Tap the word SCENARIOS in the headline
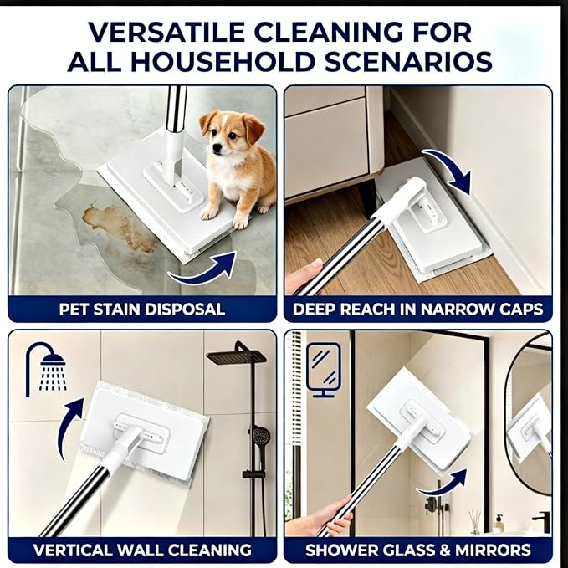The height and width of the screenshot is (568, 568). click(408, 61)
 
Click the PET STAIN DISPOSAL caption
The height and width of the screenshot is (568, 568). click(142, 310)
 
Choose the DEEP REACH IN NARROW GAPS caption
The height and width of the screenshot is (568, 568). click(418, 310)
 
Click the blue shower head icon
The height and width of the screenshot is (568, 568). click(46, 370)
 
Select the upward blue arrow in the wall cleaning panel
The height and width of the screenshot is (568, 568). click(69, 427)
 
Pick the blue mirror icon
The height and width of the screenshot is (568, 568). click(324, 370)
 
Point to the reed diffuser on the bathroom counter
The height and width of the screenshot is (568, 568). click(474, 522)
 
